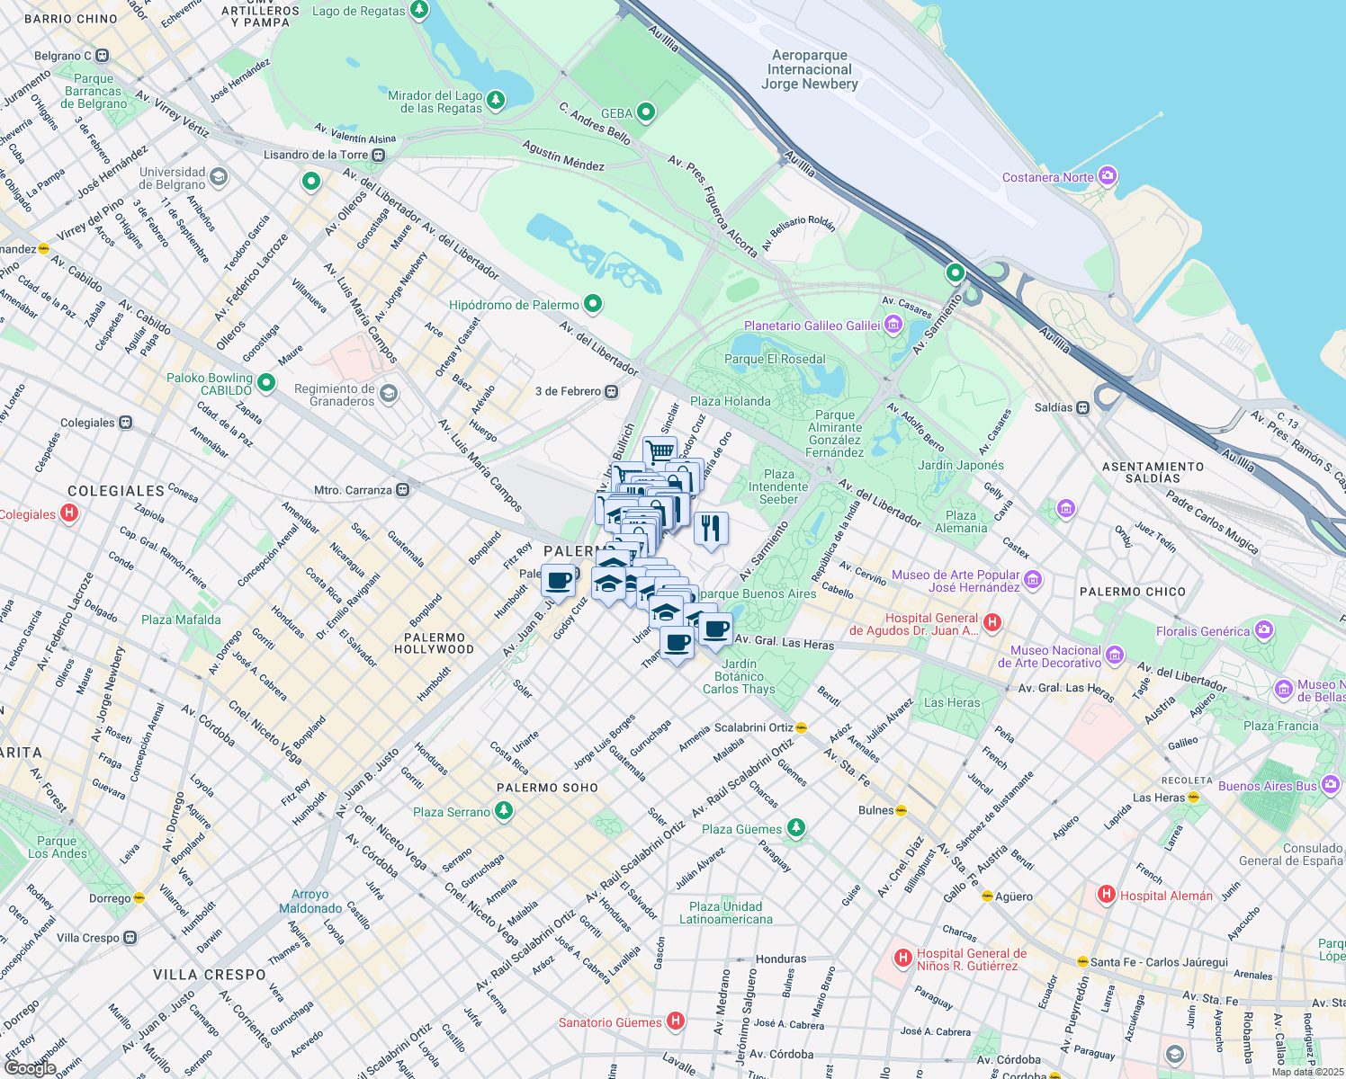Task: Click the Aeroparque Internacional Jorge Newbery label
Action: pyautogui.click(x=810, y=70)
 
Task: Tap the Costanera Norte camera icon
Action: pyautogui.click(x=1108, y=176)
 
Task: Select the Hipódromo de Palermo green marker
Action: pyautogui.click(x=592, y=304)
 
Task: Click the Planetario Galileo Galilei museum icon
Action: pyautogui.click(x=893, y=325)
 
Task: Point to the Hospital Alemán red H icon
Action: pyautogui.click(x=1106, y=895)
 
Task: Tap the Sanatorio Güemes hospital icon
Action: pyautogui.click(x=675, y=1021)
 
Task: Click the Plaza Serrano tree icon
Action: pyautogui.click(x=504, y=811)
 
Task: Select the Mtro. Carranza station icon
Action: pyautogui.click(x=403, y=490)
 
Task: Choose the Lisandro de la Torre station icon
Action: pyautogui.click(x=379, y=155)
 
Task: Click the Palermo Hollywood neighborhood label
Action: pyautogui.click(x=434, y=643)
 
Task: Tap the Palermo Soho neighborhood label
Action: pyautogui.click(x=547, y=788)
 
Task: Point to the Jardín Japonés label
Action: pyautogui.click(x=960, y=465)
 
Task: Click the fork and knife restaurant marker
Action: pyautogui.click(x=711, y=528)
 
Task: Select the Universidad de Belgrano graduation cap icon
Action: pyautogui.click(x=219, y=177)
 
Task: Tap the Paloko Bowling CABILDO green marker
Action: pyautogui.click(x=265, y=383)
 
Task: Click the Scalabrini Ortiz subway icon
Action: pyautogui.click(x=801, y=727)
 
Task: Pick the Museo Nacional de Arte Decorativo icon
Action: pyautogui.click(x=1115, y=655)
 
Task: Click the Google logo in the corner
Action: pyautogui.click(x=30, y=1067)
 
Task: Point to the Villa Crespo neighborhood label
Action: pyautogui.click(x=210, y=975)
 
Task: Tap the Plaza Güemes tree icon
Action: pyautogui.click(x=795, y=828)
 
